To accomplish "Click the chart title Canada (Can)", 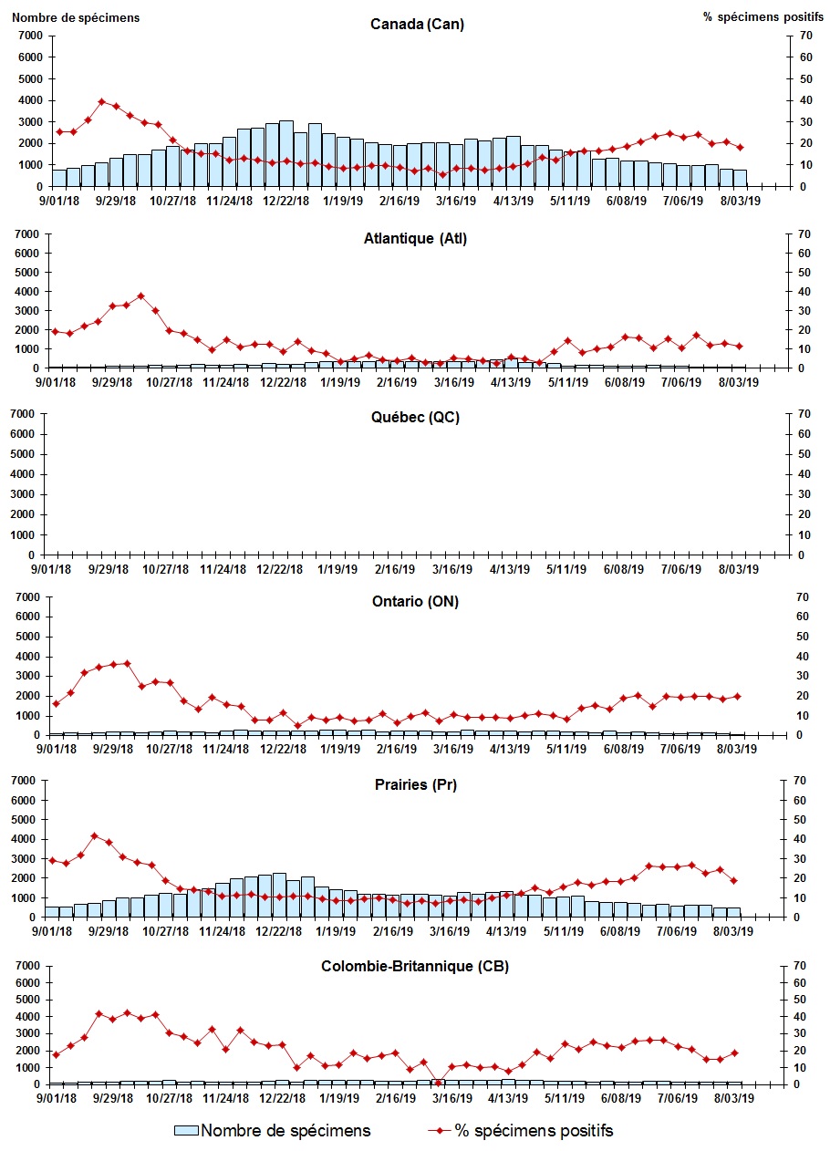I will tap(417, 25).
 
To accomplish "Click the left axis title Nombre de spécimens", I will tap(77, 17).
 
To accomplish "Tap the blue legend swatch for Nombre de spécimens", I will tap(186, 1131).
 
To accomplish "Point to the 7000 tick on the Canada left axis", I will tap(29, 36).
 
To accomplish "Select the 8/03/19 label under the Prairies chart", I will tap(738, 932).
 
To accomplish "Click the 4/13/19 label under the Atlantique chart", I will tap(511, 383).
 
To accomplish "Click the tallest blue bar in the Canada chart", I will tap(286, 153).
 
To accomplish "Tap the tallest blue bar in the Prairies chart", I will tap(279, 895).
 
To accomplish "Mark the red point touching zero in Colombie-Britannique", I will tap(438, 1083).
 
